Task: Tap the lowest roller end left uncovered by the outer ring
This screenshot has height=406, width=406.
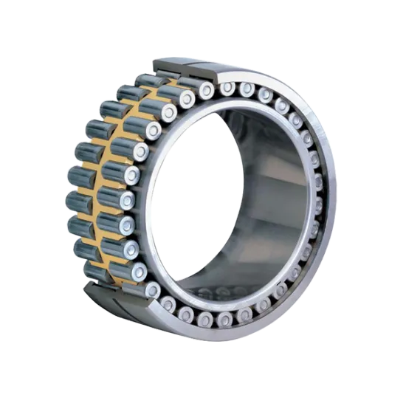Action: tap(153, 290)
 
